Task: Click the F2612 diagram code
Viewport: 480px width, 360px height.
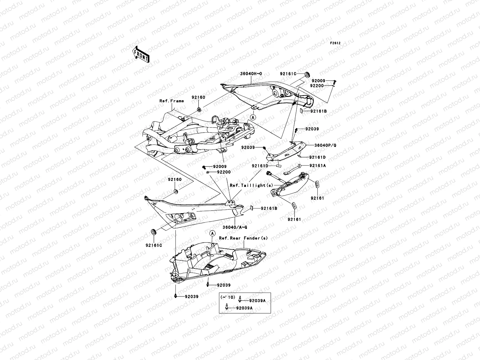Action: click(335, 43)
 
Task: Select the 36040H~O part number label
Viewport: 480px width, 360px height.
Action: click(251, 73)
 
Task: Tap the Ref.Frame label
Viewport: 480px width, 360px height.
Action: click(171, 101)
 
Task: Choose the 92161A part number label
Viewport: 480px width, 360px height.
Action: click(318, 165)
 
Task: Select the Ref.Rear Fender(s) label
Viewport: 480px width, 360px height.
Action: click(243, 238)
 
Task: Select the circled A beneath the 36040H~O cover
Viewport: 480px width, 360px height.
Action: click(253, 118)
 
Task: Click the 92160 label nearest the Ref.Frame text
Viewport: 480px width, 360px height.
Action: click(198, 97)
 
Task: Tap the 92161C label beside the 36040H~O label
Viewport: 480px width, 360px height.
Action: click(288, 74)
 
